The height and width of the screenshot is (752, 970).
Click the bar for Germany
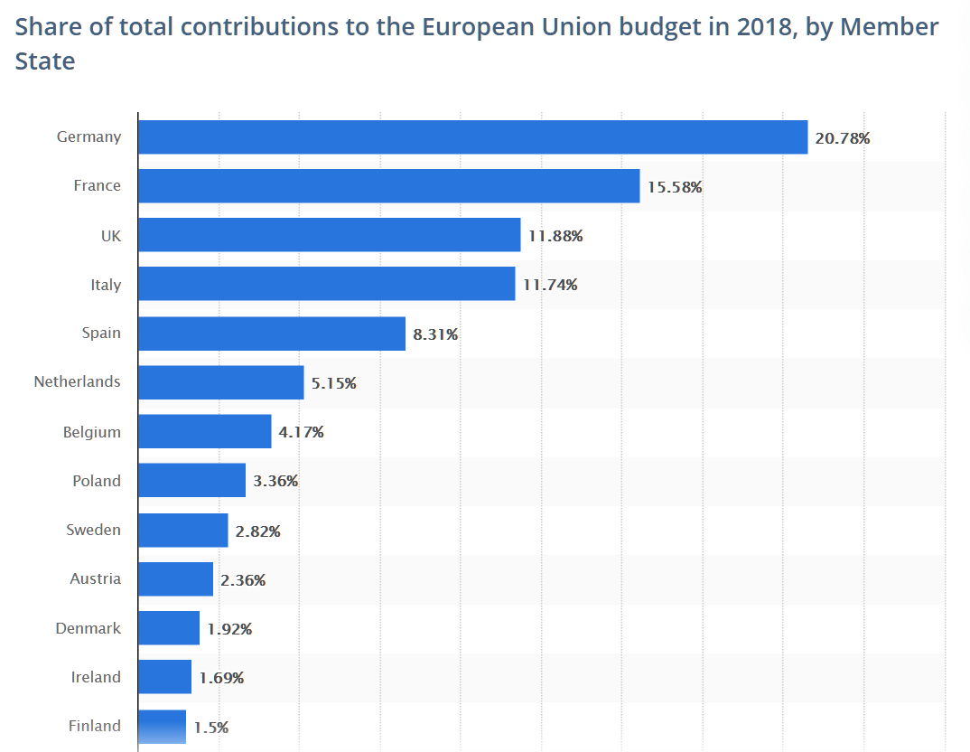coord(472,137)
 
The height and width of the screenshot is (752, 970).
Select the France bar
coord(388,186)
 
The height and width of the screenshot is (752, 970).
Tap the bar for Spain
coord(271,334)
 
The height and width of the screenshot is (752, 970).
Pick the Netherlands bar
coord(220,382)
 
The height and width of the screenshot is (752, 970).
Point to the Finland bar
coord(162,727)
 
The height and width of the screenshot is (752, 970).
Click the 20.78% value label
coord(843,138)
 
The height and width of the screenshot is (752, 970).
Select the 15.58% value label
coord(675,187)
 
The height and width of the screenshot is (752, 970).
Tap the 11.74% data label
coord(550,285)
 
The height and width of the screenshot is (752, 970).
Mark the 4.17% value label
coord(302,432)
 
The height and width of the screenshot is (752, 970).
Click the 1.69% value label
coord(221,678)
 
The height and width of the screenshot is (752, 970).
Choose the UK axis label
coord(110,236)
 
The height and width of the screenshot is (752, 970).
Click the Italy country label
coord(105,285)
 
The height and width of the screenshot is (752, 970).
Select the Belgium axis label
coord(91,432)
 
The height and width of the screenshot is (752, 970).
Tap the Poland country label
coord(96,481)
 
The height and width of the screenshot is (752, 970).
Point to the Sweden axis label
coord(93,530)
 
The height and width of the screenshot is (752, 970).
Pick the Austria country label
coord(95,578)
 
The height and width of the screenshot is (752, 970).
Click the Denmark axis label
coord(88,628)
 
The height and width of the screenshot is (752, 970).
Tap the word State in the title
coord(45,61)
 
